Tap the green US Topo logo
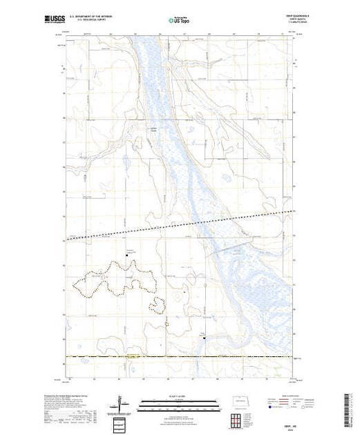coord(180,21)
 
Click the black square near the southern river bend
coord(205,338)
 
